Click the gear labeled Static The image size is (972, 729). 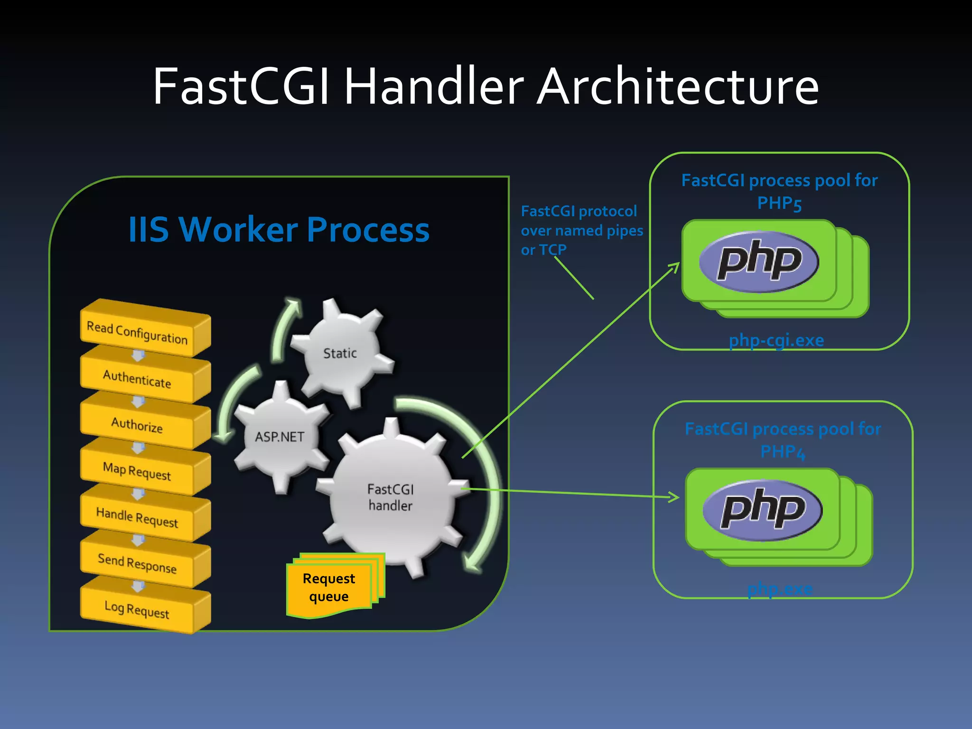(x=340, y=353)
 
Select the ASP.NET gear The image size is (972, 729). (x=280, y=437)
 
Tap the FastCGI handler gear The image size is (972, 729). (x=391, y=497)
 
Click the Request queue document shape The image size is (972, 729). (x=329, y=587)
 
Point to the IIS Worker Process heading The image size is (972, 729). (x=279, y=230)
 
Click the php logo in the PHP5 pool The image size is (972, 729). (x=759, y=262)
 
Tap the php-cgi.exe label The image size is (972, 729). (x=776, y=340)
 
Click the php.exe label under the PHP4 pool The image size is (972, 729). (x=780, y=589)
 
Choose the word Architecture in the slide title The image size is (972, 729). (x=678, y=86)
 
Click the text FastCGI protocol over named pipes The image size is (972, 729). (x=581, y=221)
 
